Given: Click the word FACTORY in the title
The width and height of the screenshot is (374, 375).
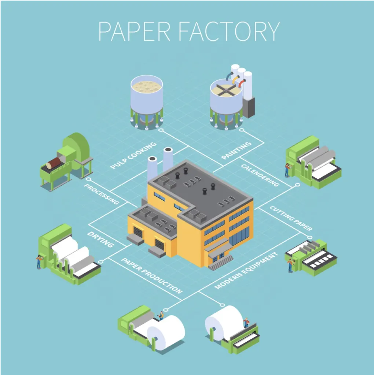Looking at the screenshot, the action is click(x=230, y=31).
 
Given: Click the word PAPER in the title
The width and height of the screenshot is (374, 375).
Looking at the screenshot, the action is click(x=134, y=31).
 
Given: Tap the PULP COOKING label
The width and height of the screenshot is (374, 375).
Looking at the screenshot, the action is click(x=133, y=155).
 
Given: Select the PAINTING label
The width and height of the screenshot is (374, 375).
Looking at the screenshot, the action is click(x=236, y=151).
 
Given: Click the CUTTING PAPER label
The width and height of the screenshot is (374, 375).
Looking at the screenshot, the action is click(x=291, y=218).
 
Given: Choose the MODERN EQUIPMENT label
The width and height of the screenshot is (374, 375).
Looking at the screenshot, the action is click(x=246, y=271).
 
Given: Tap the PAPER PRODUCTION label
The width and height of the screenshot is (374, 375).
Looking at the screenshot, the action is click(x=152, y=275).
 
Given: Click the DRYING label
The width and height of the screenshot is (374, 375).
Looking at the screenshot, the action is click(x=100, y=240).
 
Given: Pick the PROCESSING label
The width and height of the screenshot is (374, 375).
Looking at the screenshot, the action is click(x=102, y=194).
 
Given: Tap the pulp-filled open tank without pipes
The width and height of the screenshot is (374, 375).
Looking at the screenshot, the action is click(x=147, y=102).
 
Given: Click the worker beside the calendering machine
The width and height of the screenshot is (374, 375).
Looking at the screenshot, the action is click(x=287, y=170).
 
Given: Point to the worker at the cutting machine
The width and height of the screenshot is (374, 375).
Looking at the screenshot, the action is click(x=290, y=266).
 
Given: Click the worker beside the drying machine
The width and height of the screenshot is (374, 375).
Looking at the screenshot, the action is click(x=39, y=261).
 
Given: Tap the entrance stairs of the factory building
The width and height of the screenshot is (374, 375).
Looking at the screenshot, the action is click(x=221, y=263).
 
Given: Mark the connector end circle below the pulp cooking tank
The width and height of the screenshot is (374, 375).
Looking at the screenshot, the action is click(x=161, y=130).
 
